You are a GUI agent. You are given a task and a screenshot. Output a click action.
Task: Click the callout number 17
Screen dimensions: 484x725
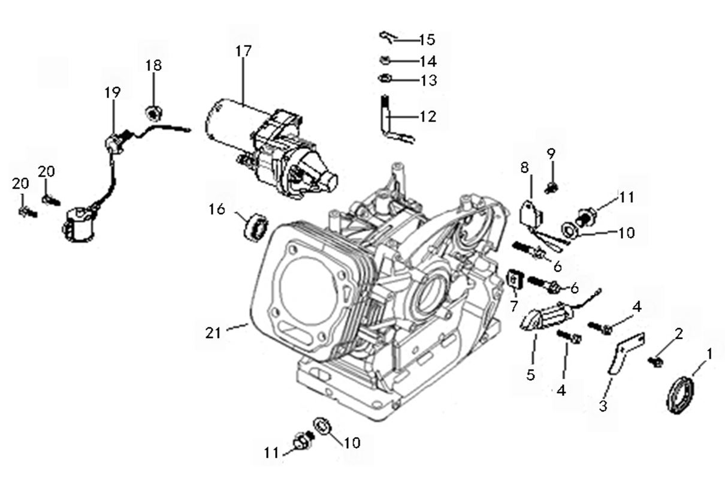243,51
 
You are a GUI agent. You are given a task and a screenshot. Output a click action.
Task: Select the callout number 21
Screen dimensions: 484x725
213,332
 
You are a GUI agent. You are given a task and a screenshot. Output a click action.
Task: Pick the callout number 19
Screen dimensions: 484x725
112,92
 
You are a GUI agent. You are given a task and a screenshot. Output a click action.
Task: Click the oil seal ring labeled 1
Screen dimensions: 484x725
681,393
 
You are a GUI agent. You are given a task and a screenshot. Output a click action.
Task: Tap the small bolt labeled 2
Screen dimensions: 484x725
654,362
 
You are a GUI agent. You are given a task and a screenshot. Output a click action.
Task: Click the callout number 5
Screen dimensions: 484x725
530,375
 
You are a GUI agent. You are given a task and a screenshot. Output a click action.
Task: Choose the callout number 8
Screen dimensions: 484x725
525,167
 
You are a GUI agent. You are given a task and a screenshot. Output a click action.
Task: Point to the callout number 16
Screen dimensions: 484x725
217,209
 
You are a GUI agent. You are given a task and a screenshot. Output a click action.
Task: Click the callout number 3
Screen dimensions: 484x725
603,405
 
